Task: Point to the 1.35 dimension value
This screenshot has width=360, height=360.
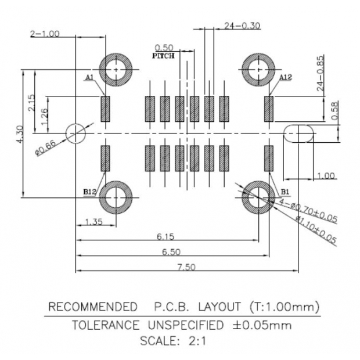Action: click(94, 221)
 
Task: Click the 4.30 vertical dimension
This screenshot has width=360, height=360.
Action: click(20, 135)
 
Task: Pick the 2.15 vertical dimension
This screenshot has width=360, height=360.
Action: click(32, 106)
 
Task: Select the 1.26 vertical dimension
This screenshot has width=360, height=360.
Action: click(45, 119)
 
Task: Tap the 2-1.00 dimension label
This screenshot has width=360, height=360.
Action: click(45, 34)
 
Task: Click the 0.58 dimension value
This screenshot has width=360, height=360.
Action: click(335, 110)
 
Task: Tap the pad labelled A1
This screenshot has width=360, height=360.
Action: click(105, 109)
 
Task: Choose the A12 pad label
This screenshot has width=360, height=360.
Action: click(285, 77)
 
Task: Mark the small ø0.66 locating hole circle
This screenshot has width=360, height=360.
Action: click(75, 133)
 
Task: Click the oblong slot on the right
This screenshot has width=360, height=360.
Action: click(298, 133)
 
